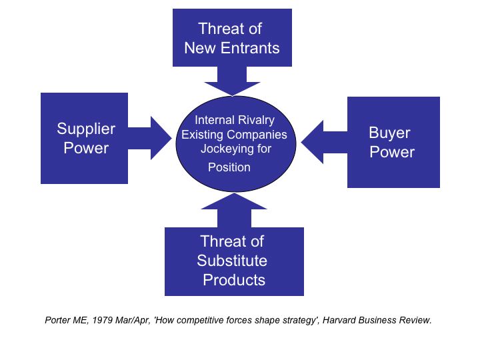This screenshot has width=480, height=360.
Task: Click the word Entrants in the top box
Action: [250, 48]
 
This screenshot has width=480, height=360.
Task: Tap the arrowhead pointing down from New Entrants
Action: [233, 89]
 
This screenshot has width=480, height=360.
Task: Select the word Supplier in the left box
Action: [86, 129]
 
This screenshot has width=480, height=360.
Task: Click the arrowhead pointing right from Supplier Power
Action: [161, 138]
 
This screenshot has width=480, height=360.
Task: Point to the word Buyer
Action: [389, 133]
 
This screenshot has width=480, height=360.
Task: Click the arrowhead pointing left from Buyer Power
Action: [312, 142]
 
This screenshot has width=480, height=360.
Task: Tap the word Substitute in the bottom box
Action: [232, 261]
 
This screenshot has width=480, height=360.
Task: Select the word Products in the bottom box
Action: [234, 280]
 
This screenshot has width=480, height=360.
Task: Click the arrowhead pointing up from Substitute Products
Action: [234, 201]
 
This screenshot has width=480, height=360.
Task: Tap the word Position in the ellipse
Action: [229, 167]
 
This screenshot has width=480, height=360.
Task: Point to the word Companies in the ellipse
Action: [257, 135]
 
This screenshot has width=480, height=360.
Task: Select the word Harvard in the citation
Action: [339, 320]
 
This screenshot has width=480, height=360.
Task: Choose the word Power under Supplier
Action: [86, 148]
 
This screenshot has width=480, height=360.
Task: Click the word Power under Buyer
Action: [392, 152]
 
